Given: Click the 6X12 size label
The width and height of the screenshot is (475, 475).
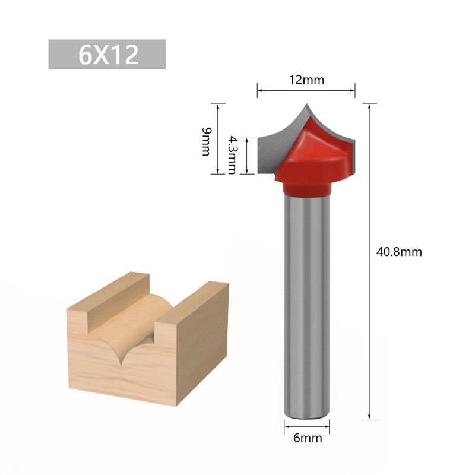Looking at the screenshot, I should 107,55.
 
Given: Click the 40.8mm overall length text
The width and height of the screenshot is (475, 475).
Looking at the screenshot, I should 399,252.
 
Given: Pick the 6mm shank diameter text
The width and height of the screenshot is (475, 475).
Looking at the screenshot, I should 307,439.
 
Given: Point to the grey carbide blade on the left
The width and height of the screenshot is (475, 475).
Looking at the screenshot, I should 276,145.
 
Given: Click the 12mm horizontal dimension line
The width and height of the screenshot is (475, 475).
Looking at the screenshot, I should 306,91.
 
